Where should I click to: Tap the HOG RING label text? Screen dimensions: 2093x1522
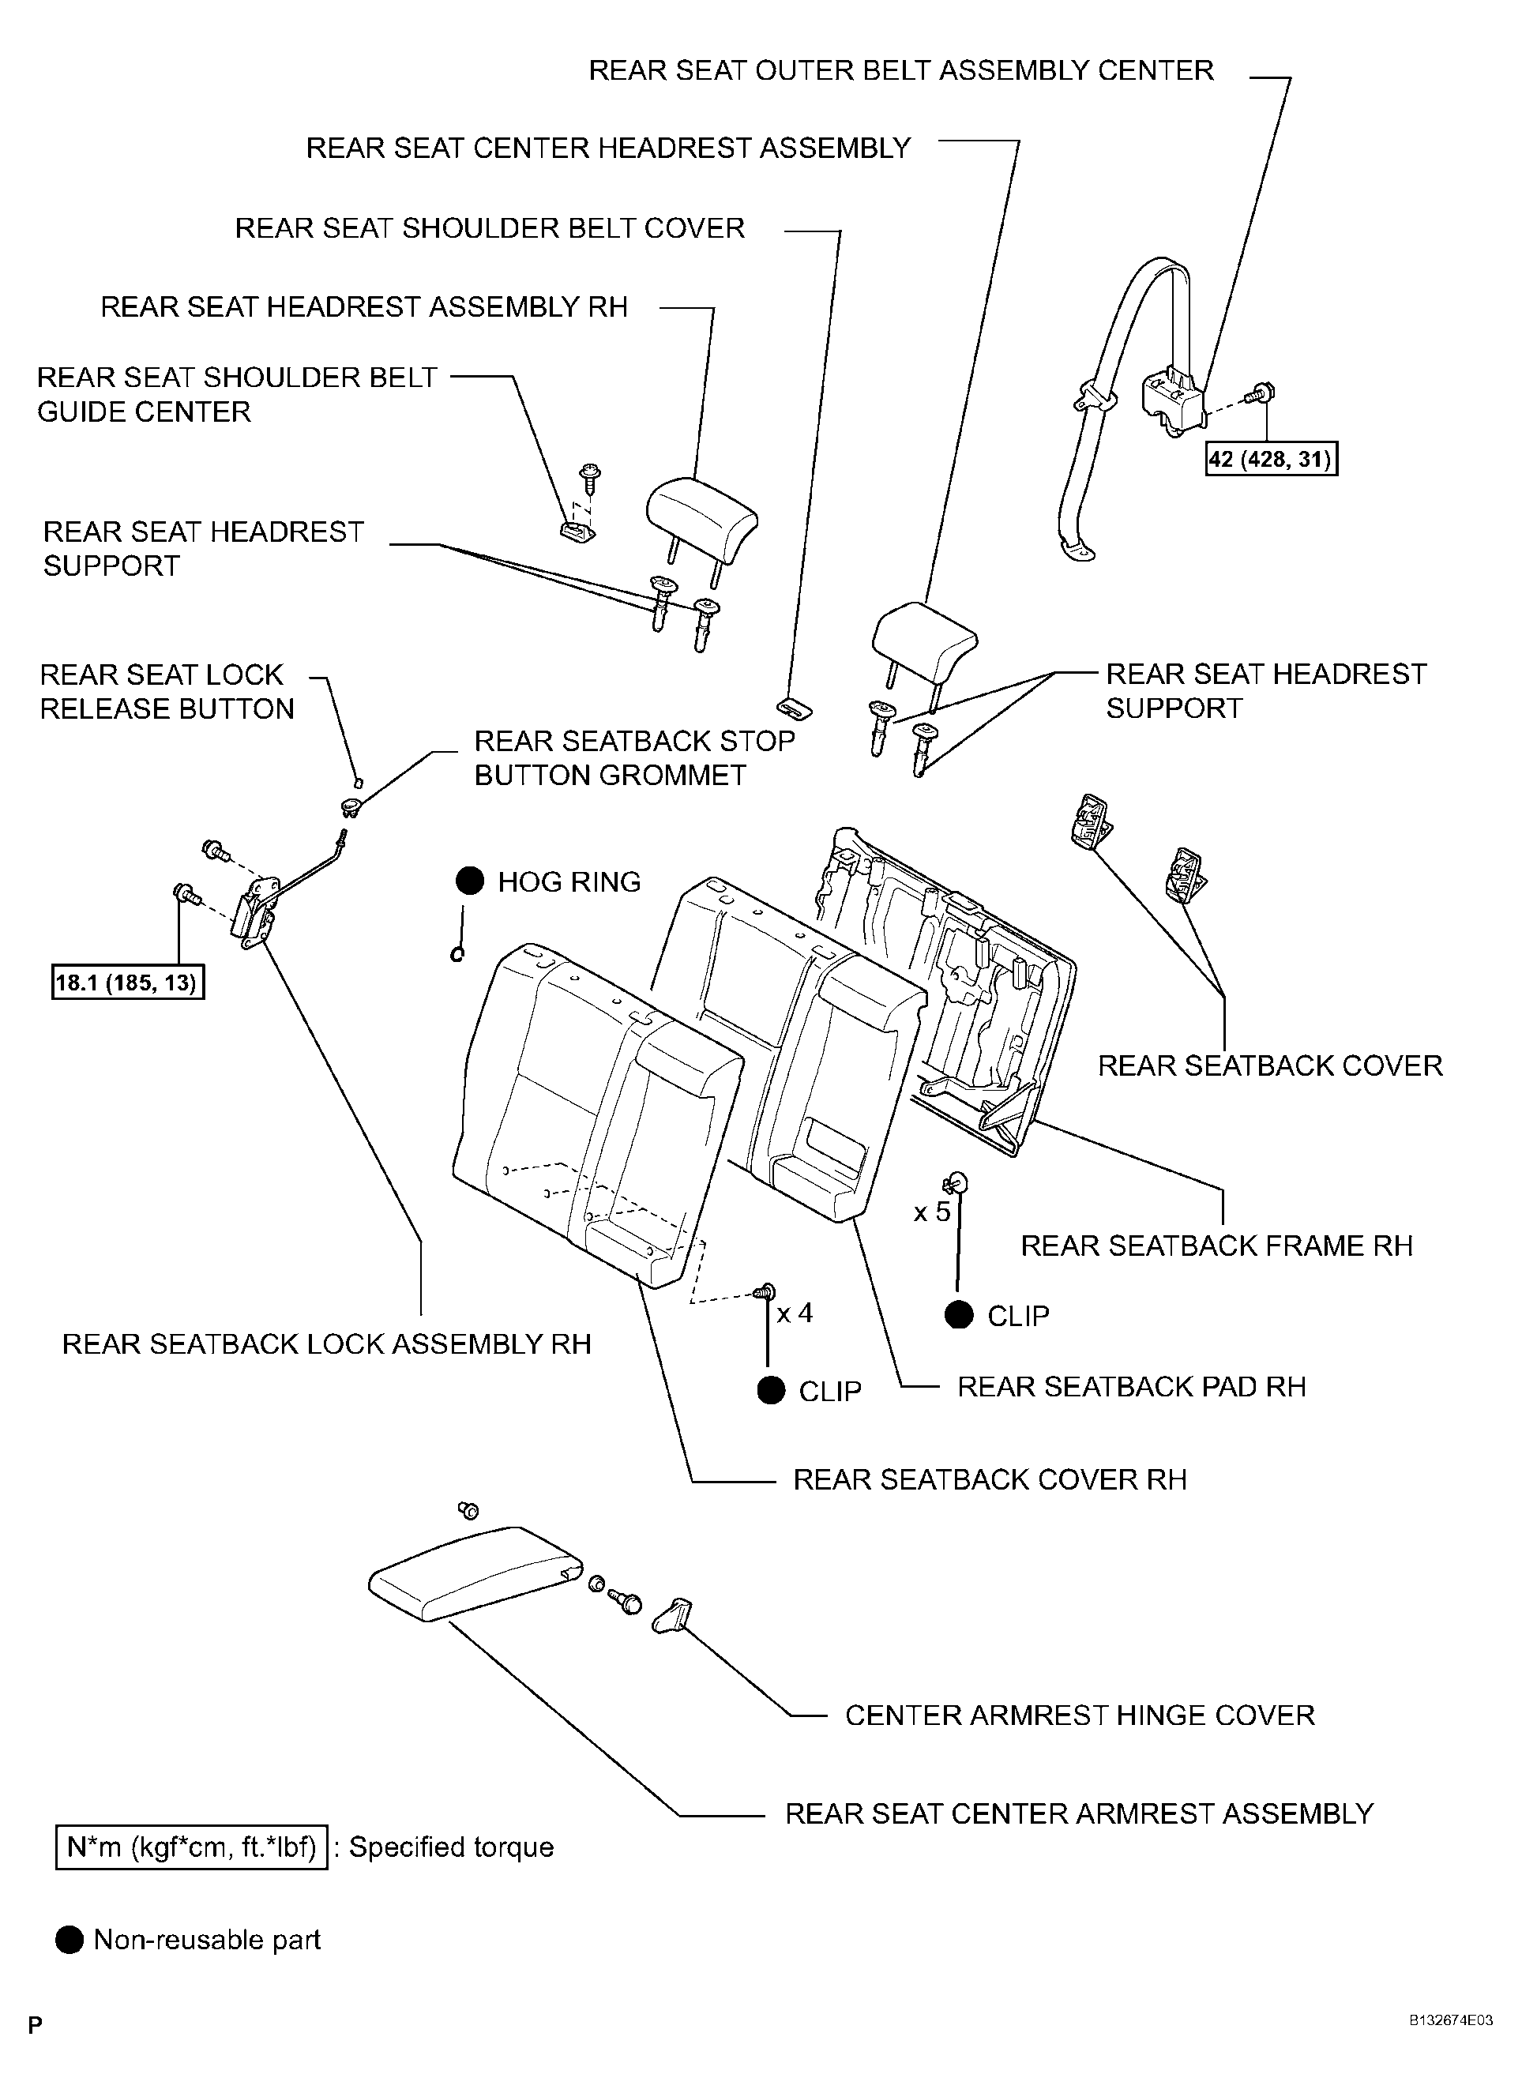569,882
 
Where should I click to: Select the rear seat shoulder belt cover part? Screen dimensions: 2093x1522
794,708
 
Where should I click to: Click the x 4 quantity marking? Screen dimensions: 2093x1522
795,1313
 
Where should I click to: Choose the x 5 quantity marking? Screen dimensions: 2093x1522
931,1212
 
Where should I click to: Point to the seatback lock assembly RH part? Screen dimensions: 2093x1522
256,914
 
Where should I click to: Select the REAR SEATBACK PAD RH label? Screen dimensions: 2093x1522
1131,1387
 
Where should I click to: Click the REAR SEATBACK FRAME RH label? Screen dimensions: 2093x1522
1216,1246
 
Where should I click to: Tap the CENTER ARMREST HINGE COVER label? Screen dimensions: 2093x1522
1079,1715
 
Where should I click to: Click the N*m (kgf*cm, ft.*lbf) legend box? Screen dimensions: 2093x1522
192,1847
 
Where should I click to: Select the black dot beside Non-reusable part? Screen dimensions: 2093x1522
70,1940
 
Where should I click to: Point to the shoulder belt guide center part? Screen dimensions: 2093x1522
576,531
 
